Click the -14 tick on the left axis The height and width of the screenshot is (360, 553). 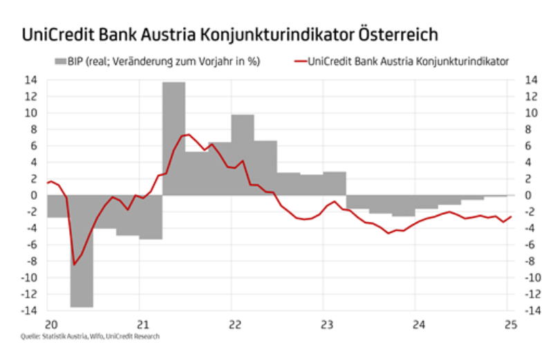[x=30, y=310]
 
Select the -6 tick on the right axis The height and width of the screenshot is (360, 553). [x=527, y=245]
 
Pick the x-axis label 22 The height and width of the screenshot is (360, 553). [x=234, y=325]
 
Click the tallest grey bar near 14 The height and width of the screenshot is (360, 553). [x=174, y=138]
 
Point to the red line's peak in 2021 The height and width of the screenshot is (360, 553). [x=189, y=134]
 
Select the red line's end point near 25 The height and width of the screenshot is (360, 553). [x=510, y=217]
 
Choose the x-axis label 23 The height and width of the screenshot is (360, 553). [x=327, y=325]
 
